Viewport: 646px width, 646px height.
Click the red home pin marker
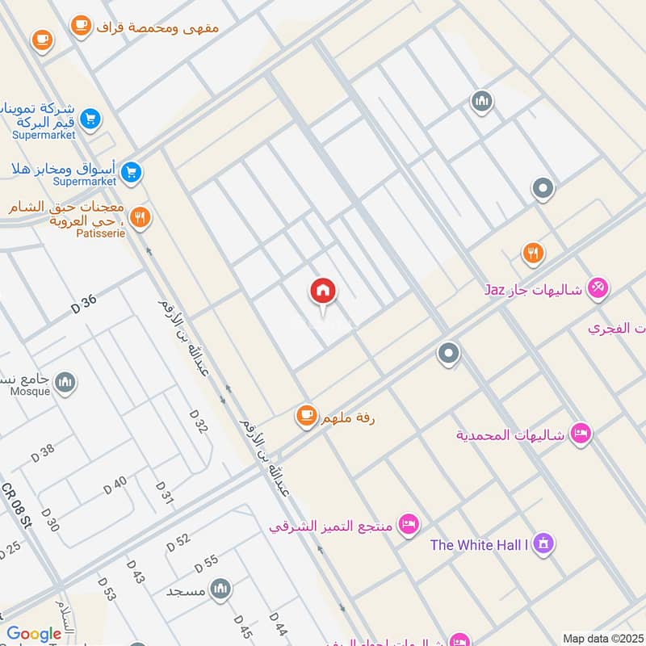(323, 291)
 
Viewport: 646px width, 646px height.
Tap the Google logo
(34, 635)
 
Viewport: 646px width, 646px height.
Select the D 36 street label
(83, 304)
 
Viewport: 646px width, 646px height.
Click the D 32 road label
(199, 422)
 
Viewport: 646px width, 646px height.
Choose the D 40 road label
(115, 485)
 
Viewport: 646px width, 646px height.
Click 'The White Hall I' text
(479, 545)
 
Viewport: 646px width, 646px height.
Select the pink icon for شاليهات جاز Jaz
(598, 287)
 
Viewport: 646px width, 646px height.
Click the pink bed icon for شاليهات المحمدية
(580, 434)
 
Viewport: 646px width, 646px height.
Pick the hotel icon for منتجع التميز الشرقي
(409, 524)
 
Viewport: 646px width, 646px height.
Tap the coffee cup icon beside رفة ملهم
(305, 415)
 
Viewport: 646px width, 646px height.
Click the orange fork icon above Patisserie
(141, 216)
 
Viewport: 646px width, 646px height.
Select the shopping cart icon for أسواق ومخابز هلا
(131, 171)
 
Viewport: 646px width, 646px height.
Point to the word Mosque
(29, 392)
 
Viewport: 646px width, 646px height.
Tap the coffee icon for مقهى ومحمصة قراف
(80, 25)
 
